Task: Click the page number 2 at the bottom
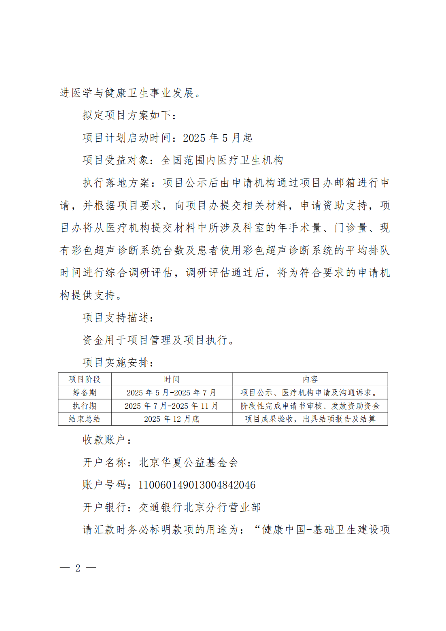tap(78, 568)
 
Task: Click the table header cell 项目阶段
tap(85, 379)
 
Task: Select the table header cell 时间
tap(172, 379)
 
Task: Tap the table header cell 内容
tap(310, 379)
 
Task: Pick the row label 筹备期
tap(85, 393)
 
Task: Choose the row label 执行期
tap(85, 406)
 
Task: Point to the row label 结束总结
tap(85, 419)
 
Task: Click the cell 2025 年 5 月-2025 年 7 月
tap(172, 393)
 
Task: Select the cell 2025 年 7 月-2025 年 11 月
tap(172, 406)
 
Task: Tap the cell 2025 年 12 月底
tap(172, 419)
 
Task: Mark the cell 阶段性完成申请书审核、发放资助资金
tap(310, 406)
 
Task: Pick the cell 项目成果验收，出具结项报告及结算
tap(310, 419)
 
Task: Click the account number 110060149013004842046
tap(197, 485)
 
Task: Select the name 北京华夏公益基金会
tap(189, 462)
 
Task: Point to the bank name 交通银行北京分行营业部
tap(200, 507)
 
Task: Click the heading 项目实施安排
tap(118, 362)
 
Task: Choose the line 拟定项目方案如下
tap(129, 115)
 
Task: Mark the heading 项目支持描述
tap(118, 317)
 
